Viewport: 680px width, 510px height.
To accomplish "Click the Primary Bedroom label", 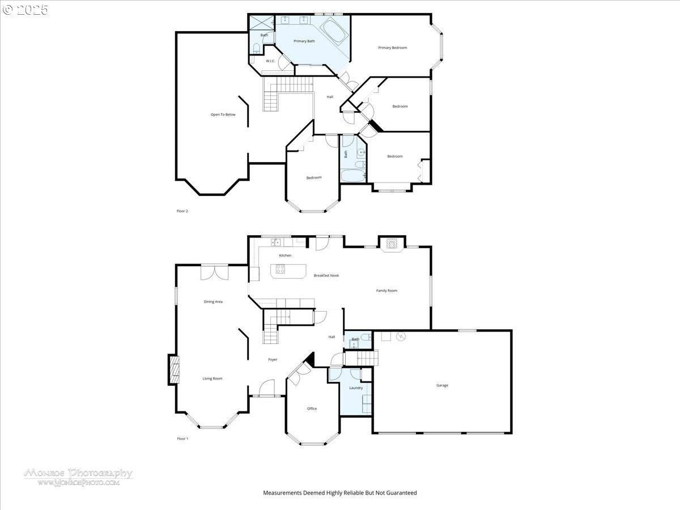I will [x=392, y=48].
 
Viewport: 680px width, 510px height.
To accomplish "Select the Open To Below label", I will [x=223, y=114].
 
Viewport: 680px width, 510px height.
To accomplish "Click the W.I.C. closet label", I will [x=270, y=61].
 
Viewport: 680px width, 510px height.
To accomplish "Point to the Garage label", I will [x=442, y=385].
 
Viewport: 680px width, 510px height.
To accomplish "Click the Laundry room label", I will [x=356, y=388].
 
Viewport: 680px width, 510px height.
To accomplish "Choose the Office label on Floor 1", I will [x=312, y=409].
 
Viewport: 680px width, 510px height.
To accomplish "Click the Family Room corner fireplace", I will [x=392, y=244].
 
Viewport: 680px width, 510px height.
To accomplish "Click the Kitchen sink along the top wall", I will [x=276, y=243].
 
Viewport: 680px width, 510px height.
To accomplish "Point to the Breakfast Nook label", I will [x=326, y=275].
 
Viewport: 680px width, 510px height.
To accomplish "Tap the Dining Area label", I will [x=213, y=301].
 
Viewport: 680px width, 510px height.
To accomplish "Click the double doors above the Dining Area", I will [x=215, y=272].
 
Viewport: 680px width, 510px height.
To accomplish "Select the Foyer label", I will [x=273, y=359].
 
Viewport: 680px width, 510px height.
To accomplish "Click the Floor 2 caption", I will [x=182, y=211].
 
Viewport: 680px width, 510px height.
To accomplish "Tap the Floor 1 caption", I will [x=182, y=439].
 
